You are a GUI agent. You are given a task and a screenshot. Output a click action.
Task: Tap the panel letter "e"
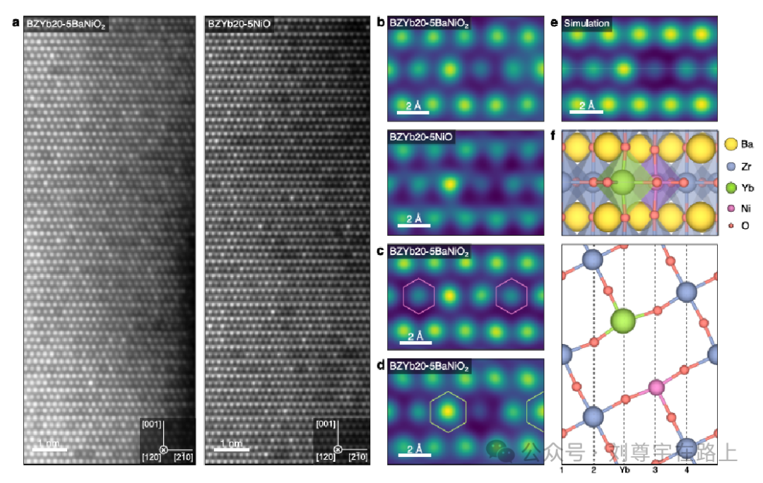pos(554,23)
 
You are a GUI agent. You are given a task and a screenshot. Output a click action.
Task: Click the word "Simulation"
pos(586,23)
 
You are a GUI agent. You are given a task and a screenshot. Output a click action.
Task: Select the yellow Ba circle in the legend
pos(730,145)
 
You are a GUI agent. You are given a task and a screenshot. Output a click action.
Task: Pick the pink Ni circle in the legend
pos(730,209)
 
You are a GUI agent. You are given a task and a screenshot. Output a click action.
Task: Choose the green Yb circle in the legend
pos(730,188)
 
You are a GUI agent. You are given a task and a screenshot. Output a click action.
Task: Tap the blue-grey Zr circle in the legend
pos(730,167)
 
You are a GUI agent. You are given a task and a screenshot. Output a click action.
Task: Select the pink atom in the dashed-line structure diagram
pos(656,387)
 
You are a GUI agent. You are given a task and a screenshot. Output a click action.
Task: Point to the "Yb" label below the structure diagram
pos(625,470)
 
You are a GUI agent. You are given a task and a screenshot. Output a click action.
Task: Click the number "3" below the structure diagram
pos(656,470)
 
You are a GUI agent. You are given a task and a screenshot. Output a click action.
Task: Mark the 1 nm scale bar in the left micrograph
pos(50,448)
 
